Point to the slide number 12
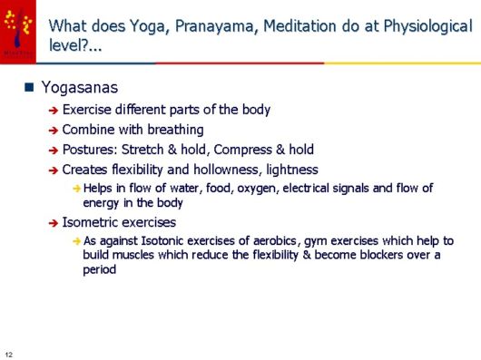(9, 353)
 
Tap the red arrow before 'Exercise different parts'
(54, 111)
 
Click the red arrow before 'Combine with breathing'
(54, 131)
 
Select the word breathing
(174, 130)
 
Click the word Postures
(88, 150)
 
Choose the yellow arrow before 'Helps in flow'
(76, 189)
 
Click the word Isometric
(91, 222)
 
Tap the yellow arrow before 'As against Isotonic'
(76, 242)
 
